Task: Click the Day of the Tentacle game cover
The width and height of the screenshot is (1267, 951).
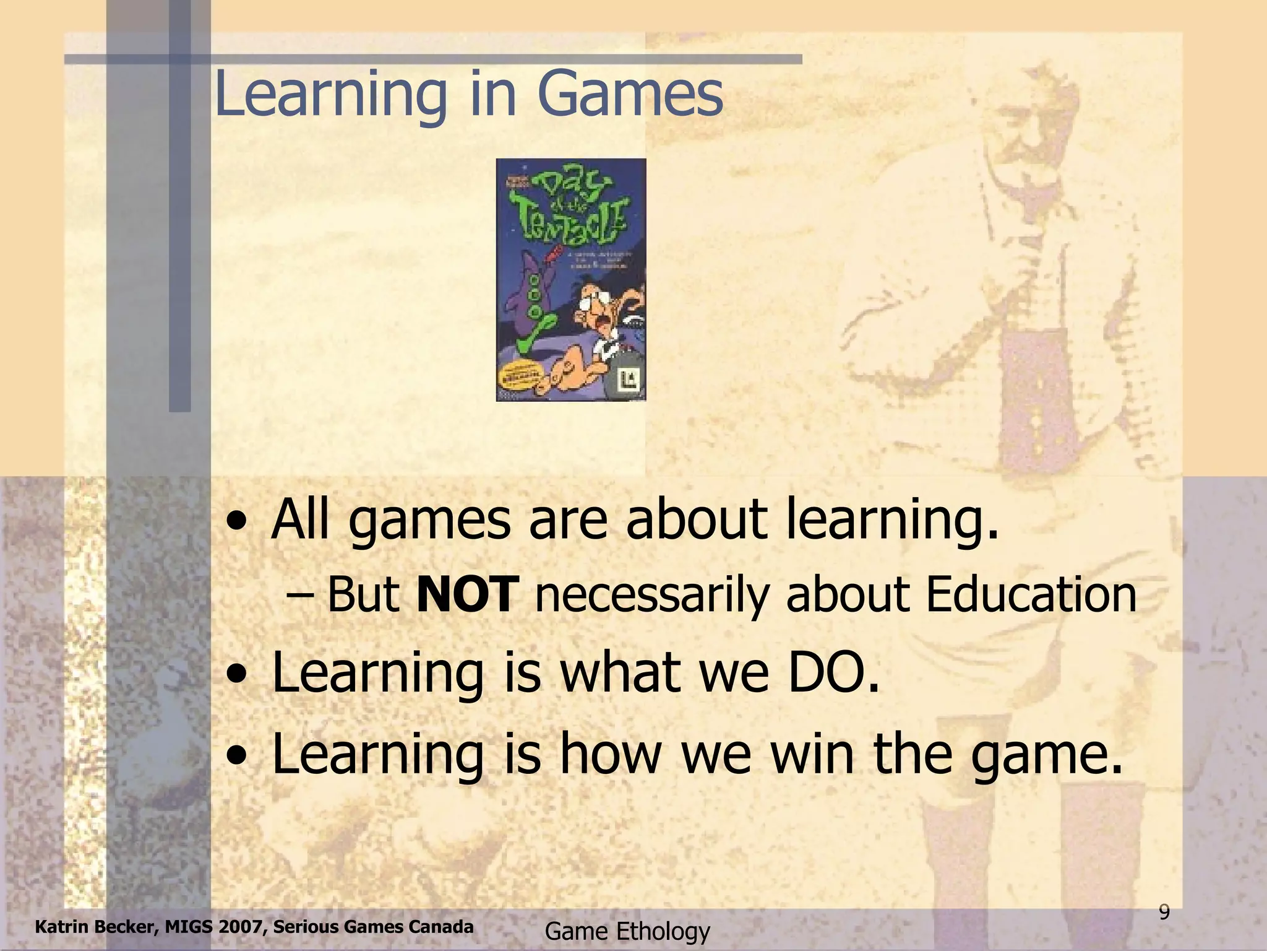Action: pos(570,280)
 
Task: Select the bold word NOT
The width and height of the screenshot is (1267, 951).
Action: pos(466,594)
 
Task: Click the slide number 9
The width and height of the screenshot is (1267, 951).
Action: pos(1164,913)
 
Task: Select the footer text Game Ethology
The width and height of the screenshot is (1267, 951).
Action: pos(627,931)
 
